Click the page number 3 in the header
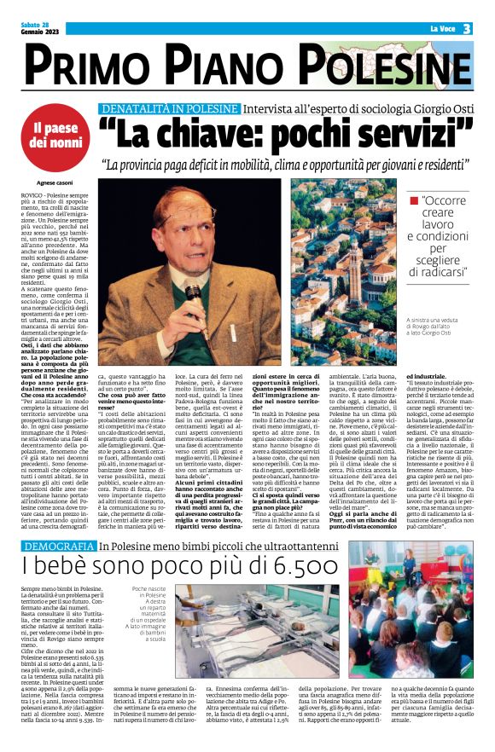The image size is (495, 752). click(468, 28)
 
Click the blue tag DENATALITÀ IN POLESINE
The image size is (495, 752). click(169, 109)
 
